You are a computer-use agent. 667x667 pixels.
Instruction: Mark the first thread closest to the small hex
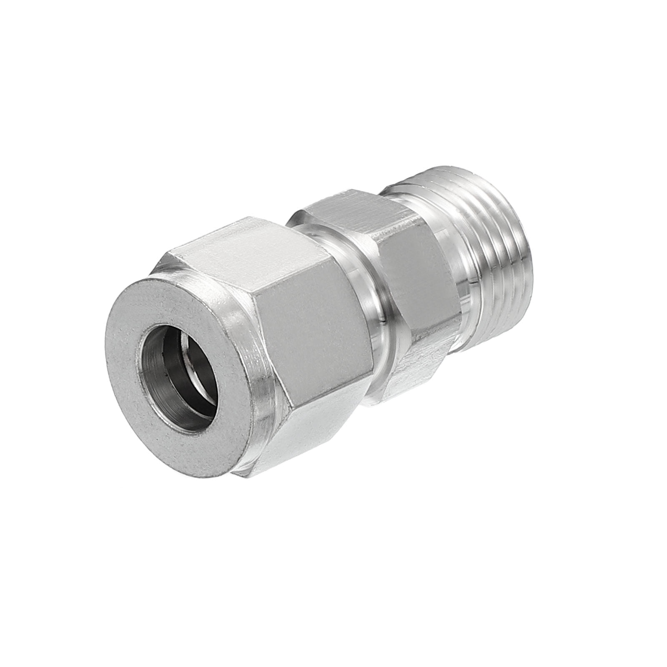(475, 267)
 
